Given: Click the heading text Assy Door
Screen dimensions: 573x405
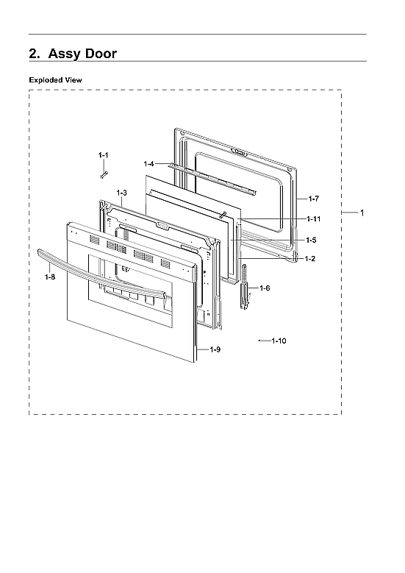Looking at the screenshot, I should tap(82, 54).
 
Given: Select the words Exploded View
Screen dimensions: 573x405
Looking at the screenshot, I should tap(55, 79).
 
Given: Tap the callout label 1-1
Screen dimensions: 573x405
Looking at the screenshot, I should tap(104, 154).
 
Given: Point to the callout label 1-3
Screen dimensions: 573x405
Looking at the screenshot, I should tap(122, 193).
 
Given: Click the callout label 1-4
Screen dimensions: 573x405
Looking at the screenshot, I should tap(149, 163).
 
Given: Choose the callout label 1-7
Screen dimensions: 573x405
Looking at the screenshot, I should tap(313, 199).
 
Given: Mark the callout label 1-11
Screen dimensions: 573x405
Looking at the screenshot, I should tap(314, 219).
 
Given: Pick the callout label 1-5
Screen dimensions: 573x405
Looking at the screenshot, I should tap(312, 240).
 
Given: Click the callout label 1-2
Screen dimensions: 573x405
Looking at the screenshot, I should tap(311, 258).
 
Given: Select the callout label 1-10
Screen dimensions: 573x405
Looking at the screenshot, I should tap(279, 341).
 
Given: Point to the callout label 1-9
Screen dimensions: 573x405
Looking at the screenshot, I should tap(215, 349).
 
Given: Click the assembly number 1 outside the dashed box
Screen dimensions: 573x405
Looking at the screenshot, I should tap(362, 213).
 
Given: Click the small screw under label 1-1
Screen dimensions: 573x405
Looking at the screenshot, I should tap(104, 173).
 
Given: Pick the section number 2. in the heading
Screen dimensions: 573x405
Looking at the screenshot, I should tap(34, 54).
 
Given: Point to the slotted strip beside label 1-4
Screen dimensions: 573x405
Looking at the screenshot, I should tap(213, 179).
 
